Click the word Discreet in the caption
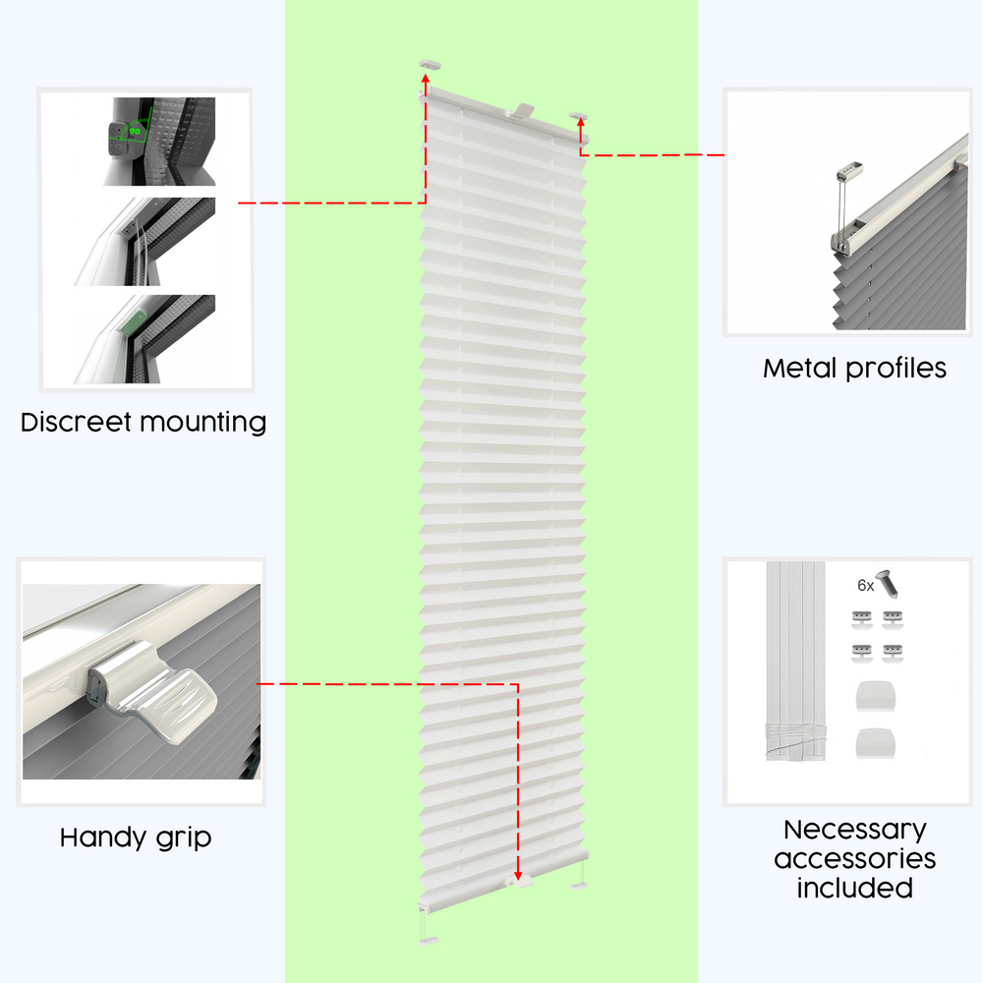[77, 422]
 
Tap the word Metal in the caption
[799, 368]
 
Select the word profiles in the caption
[896, 369]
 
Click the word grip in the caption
[185, 838]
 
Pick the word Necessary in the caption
[855, 831]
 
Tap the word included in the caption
[855, 889]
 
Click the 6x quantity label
[865, 586]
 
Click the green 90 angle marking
[135, 132]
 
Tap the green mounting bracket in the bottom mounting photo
[133, 324]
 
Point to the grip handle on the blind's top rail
[520, 112]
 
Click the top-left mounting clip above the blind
[430, 65]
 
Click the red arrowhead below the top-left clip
[426, 79]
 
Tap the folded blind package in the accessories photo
[795, 662]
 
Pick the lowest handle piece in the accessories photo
[875, 743]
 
